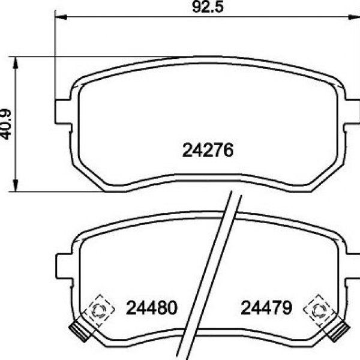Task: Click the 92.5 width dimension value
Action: [x=208, y=7]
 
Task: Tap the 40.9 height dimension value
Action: [x=5, y=124]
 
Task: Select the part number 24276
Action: [x=208, y=150]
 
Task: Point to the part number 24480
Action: [x=152, y=308]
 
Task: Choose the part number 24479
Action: [x=266, y=308]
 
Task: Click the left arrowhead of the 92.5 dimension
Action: [x=61, y=17]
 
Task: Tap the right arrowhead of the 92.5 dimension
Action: [x=354, y=17]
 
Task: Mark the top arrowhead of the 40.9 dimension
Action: [x=16, y=62]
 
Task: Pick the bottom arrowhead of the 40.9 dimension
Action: [x=16, y=185]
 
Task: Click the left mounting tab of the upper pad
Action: [x=63, y=112]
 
